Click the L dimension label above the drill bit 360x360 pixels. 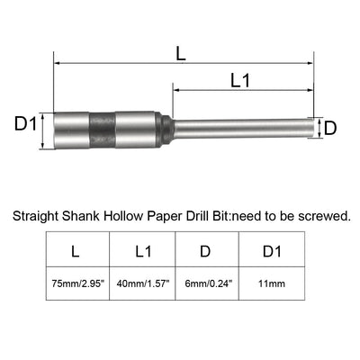pos(181,53)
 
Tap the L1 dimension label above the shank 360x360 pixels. pos(240,80)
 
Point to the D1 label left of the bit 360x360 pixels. pos(25,122)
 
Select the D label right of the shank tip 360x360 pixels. pos(329,128)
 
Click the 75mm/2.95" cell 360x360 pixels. pos(77,283)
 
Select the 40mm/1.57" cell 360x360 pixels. pos(141,283)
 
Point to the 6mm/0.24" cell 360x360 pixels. pos(205,283)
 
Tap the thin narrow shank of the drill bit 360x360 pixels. pos(243,129)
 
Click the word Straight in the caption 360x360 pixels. pos(34,217)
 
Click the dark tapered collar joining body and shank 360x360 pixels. pos(165,130)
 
